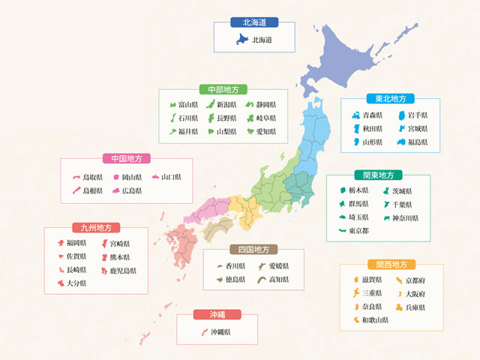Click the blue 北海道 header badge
253,22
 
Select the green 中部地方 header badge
222,88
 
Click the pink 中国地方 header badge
126,158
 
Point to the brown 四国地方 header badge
253,249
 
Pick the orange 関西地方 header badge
387,264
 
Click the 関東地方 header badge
379,175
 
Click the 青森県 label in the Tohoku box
373,115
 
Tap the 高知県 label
278,279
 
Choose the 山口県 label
171,177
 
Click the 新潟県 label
227,105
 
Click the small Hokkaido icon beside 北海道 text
242,39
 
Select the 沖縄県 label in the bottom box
220,331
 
